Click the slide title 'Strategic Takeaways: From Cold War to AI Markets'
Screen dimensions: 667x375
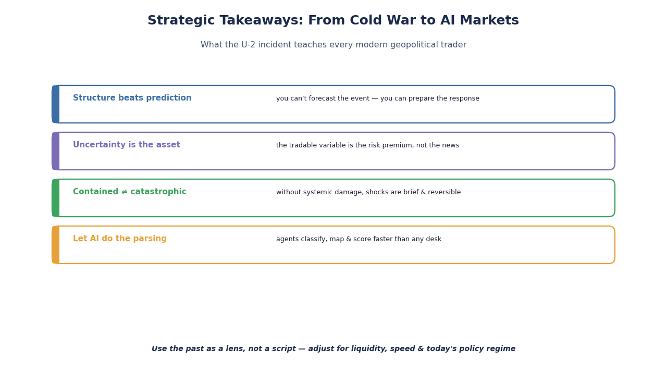pyautogui.click(x=333, y=20)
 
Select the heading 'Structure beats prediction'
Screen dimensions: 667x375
pyautogui.click(x=132, y=98)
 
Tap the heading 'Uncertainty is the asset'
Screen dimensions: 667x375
pyautogui.click(x=127, y=145)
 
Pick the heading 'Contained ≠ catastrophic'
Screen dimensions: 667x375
pyautogui.click(x=130, y=192)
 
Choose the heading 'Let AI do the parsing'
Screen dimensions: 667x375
pyautogui.click(x=120, y=239)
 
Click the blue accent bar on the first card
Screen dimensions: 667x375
pyautogui.click(x=56, y=104)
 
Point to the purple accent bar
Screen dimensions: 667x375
pyautogui.click(x=56, y=151)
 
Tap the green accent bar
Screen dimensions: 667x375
pyautogui.click(x=56, y=198)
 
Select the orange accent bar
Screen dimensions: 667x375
pyautogui.click(x=56, y=245)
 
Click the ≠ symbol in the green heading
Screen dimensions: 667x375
pyautogui.click(x=125, y=192)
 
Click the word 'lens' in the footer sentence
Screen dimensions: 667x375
pyautogui.click(x=235, y=348)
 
